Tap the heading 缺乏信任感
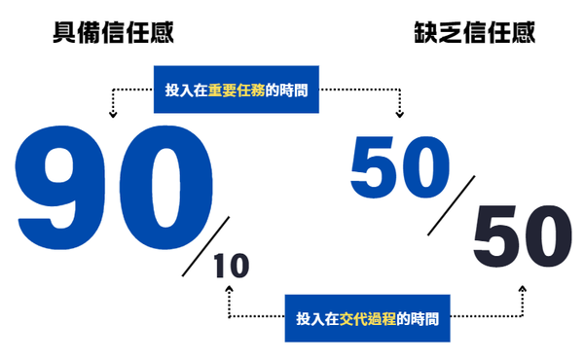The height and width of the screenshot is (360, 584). [474, 36]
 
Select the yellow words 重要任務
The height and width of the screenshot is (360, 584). [237, 90]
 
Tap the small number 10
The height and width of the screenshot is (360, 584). [231, 267]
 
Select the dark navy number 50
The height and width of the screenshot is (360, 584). [523, 239]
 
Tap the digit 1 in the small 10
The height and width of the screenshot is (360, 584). [221, 267]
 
